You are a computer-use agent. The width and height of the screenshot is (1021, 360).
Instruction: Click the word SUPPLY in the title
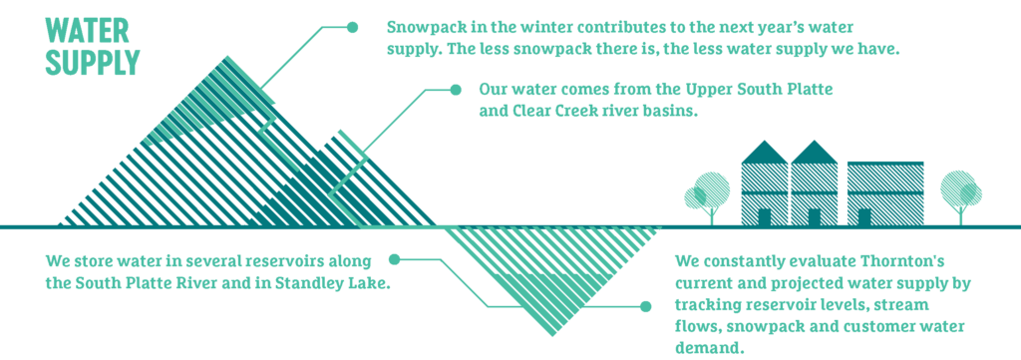pyautogui.click(x=93, y=62)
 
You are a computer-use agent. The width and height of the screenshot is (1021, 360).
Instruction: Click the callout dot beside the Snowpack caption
pyautogui.click(x=352, y=27)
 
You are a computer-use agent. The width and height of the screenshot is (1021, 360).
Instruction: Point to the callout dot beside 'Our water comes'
pyautogui.click(x=456, y=90)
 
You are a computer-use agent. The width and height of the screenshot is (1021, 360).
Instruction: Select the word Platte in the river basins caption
pyautogui.click(x=807, y=90)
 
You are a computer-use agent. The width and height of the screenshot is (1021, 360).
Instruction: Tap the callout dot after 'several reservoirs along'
pyautogui.click(x=395, y=260)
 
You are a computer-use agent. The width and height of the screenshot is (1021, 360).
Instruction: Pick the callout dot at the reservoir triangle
pyautogui.click(x=642, y=306)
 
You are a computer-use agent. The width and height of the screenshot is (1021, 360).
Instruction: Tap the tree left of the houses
pyautogui.click(x=710, y=195)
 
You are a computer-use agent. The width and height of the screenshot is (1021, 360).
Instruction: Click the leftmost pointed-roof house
pyautogui.click(x=765, y=185)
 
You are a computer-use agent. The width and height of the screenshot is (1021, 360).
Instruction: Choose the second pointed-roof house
pyautogui.click(x=815, y=185)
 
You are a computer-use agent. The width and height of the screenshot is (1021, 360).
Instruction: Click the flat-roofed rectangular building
pyautogui.click(x=885, y=192)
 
